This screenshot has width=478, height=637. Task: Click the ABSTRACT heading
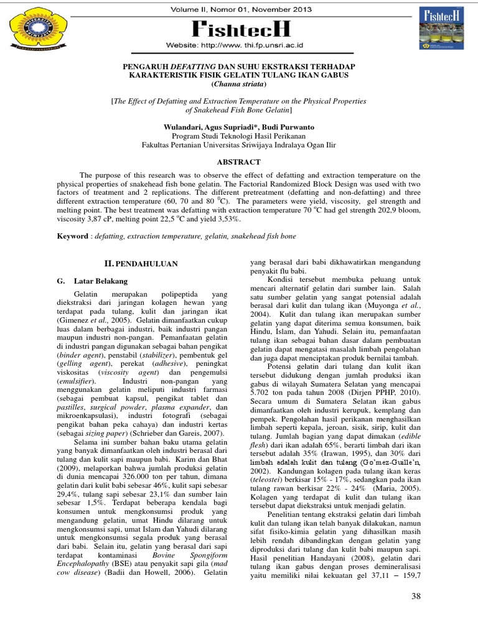coord(239,162)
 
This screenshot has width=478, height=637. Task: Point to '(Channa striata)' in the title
coord(239,83)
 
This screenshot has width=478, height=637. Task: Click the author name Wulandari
coord(186,127)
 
